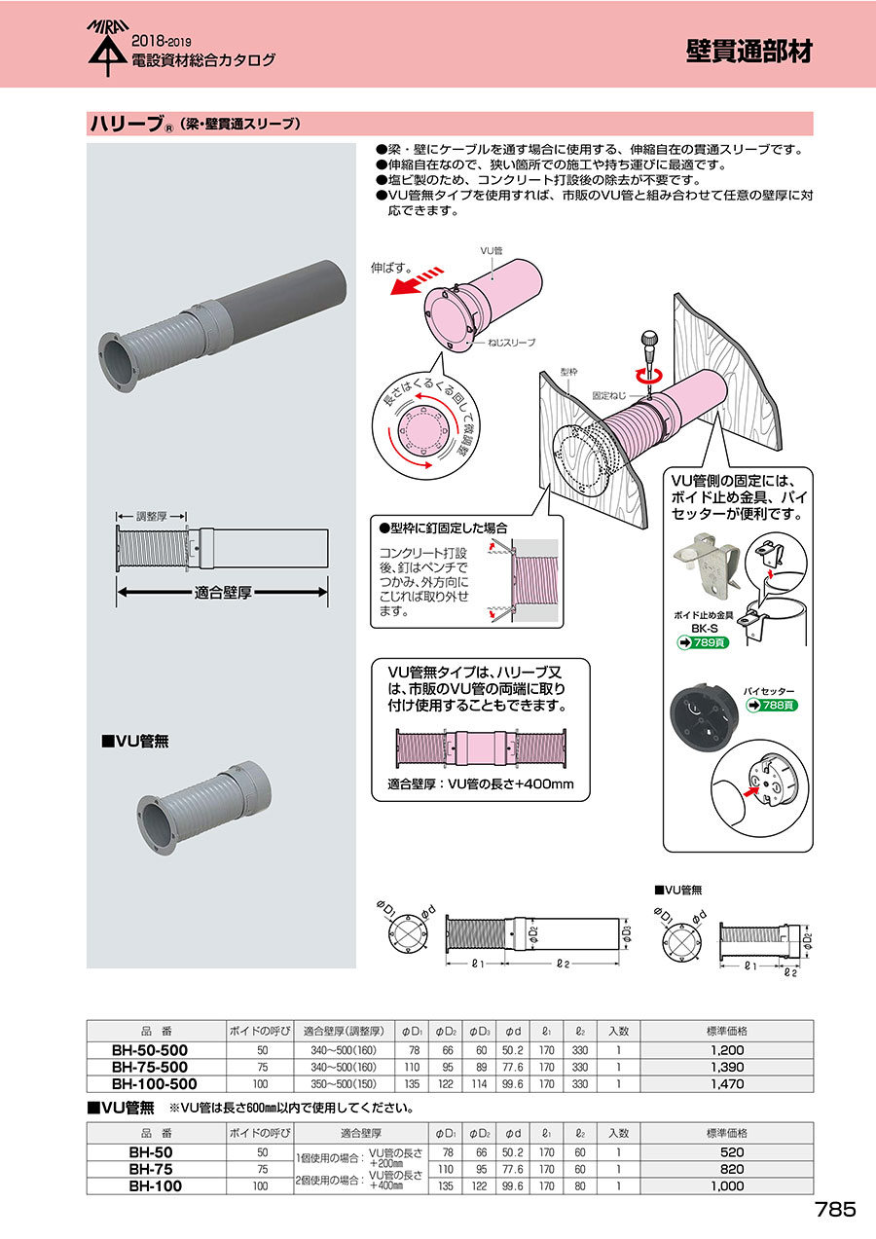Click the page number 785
point(835,1209)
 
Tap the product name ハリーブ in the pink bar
point(126,125)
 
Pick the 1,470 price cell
point(727,1082)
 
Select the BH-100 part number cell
point(156,1185)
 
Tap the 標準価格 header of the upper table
point(727,1031)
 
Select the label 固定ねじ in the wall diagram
point(609,395)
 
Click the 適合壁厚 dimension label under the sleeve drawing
point(224,590)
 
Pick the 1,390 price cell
point(727,1067)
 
